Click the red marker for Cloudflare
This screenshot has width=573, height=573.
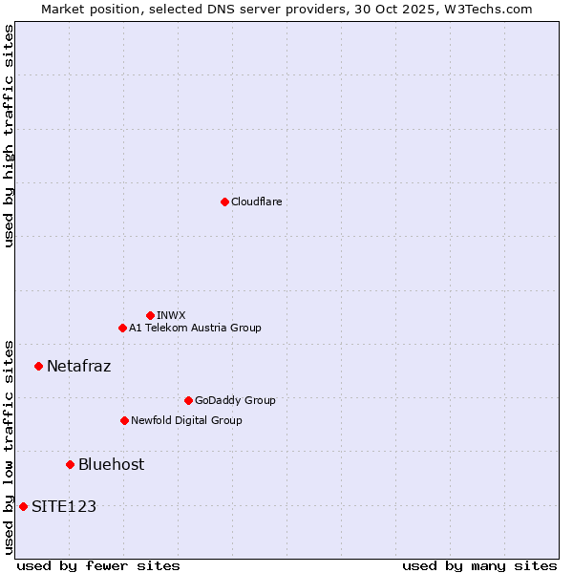point(224,202)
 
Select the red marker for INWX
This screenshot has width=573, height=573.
point(150,315)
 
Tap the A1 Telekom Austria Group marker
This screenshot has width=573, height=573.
point(122,328)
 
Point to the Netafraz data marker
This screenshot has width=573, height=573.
point(38,366)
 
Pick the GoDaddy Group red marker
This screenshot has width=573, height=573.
point(188,400)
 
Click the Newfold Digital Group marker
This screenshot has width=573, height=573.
point(124,420)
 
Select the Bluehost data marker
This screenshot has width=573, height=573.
point(70,464)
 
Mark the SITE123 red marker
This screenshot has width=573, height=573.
point(23,506)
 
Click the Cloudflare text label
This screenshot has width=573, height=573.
point(257,202)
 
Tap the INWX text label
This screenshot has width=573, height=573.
point(172,315)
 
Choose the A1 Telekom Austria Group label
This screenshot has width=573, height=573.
point(195,328)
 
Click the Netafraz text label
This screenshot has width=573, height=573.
point(79,366)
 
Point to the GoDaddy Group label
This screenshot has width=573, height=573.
point(235,400)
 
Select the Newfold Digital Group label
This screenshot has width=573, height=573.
point(186,420)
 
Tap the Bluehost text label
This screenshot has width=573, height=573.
point(112,464)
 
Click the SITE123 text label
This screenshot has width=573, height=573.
point(64,506)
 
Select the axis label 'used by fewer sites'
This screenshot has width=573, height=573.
point(98,565)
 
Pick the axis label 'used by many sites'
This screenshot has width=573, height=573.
point(479,565)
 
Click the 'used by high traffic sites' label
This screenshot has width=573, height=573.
point(9,136)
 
